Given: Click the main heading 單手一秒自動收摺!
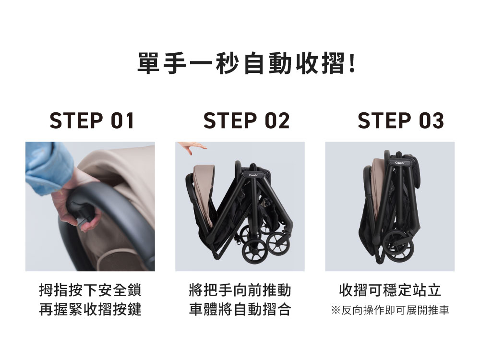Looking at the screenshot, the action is [x=246, y=64].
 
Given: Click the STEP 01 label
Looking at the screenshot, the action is [x=92, y=120].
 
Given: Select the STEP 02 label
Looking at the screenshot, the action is [x=246, y=120].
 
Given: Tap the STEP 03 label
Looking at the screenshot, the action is [x=401, y=120].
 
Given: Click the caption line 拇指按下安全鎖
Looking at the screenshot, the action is [x=90, y=290].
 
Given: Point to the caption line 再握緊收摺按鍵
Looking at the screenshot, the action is [x=90, y=309].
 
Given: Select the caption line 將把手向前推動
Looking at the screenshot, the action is [x=240, y=290].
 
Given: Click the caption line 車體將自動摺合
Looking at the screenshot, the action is [x=240, y=309].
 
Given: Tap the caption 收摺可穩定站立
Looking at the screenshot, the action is [x=390, y=290].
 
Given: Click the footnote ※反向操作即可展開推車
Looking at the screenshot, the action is [x=390, y=310].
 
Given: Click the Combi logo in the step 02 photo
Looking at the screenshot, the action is [x=253, y=175].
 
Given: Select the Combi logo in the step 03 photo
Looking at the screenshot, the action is [x=400, y=163].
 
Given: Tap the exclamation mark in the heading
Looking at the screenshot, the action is [x=352, y=63].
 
